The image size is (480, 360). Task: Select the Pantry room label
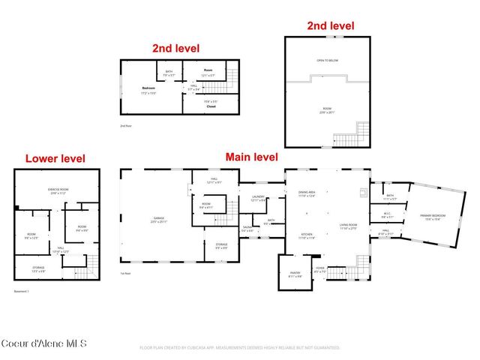(x=295, y=275)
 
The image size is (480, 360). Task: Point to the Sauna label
(x=247, y=229)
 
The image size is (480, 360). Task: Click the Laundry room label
(x=259, y=199)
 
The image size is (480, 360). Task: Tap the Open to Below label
(x=326, y=59)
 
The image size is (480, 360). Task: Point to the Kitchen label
(x=306, y=235)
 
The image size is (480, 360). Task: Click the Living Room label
(x=347, y=226)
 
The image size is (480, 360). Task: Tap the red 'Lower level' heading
(x=55, y=158)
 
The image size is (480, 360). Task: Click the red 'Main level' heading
(x=252, y=157)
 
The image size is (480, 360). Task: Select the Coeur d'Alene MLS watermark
(x=43, y=344)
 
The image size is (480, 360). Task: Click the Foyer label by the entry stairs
(x=320, y=269)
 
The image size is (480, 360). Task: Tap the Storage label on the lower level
(x=38, y=268)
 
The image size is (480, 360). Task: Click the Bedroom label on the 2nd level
(x=149, y=90)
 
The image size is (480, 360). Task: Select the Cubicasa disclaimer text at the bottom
(x=239, y=348)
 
